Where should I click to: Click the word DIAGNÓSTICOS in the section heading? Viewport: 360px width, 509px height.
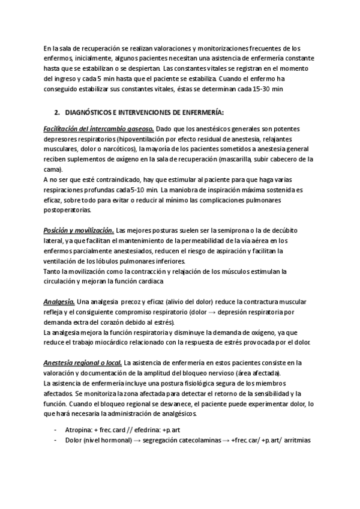coord(92,112)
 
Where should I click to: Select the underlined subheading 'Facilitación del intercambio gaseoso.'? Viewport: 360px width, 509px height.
coord(99,129)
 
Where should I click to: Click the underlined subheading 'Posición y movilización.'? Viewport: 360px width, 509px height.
coord(79,230)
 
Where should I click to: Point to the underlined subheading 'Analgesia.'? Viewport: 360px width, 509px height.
coord(59,301)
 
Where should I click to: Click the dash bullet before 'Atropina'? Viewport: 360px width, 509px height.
coord(56,430)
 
